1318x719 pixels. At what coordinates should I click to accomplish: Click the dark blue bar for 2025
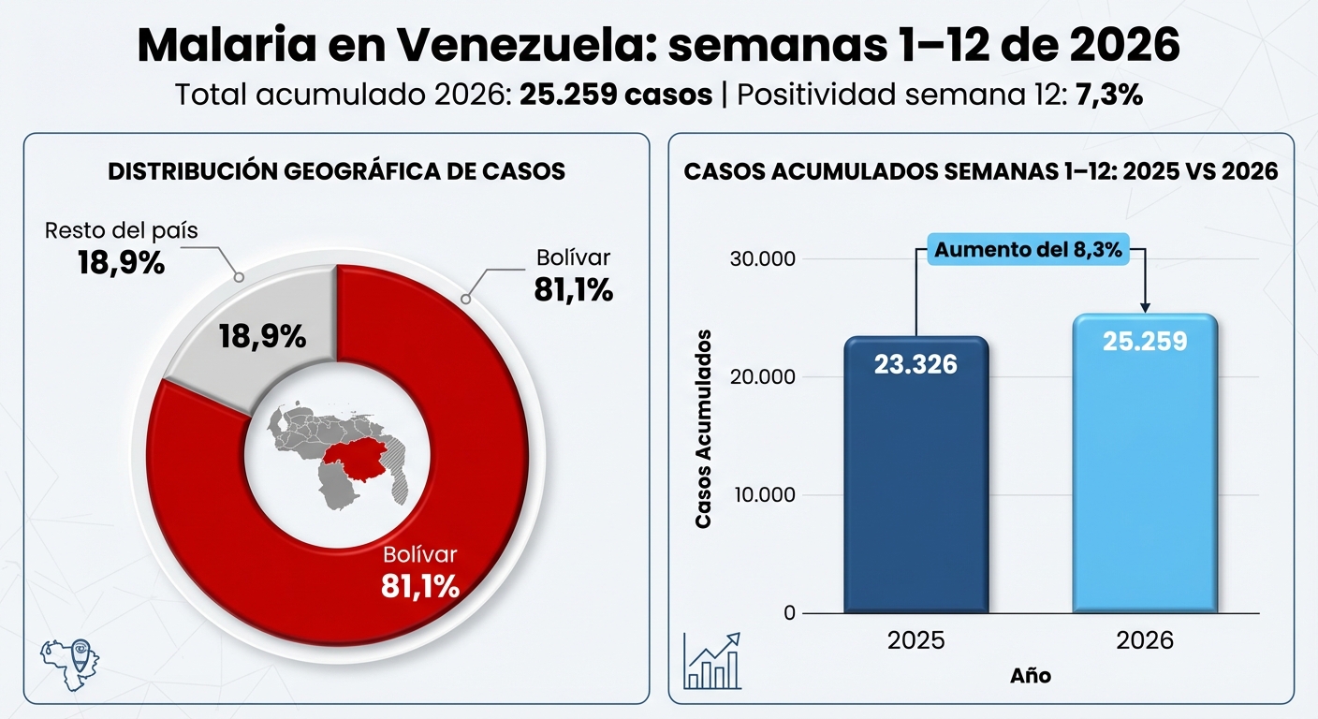915,487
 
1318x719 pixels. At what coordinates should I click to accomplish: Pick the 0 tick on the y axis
789,613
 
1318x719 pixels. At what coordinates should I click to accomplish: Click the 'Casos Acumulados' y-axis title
704,429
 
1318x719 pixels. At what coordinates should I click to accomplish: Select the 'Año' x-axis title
1030,675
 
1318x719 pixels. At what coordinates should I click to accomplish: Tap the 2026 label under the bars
1145,640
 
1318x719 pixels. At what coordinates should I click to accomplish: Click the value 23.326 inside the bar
915,364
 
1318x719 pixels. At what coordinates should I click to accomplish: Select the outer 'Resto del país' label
122,230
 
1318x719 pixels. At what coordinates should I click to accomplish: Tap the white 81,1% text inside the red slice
420,586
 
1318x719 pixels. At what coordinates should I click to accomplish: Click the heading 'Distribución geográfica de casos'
336,171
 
